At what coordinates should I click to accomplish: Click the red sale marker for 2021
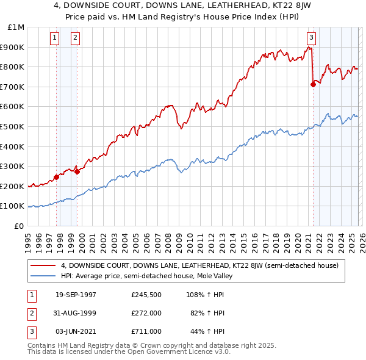(x=313, y=85)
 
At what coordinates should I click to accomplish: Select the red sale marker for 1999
(x=77, y=172)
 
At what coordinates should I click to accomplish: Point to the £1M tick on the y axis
(x=16, y=27)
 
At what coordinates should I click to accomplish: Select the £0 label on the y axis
(x=19, y=226)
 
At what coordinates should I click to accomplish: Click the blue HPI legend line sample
(x=43, y=276)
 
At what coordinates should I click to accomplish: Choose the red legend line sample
(x=43, y=265)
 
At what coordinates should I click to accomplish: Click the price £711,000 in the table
(x=146, y=331)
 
